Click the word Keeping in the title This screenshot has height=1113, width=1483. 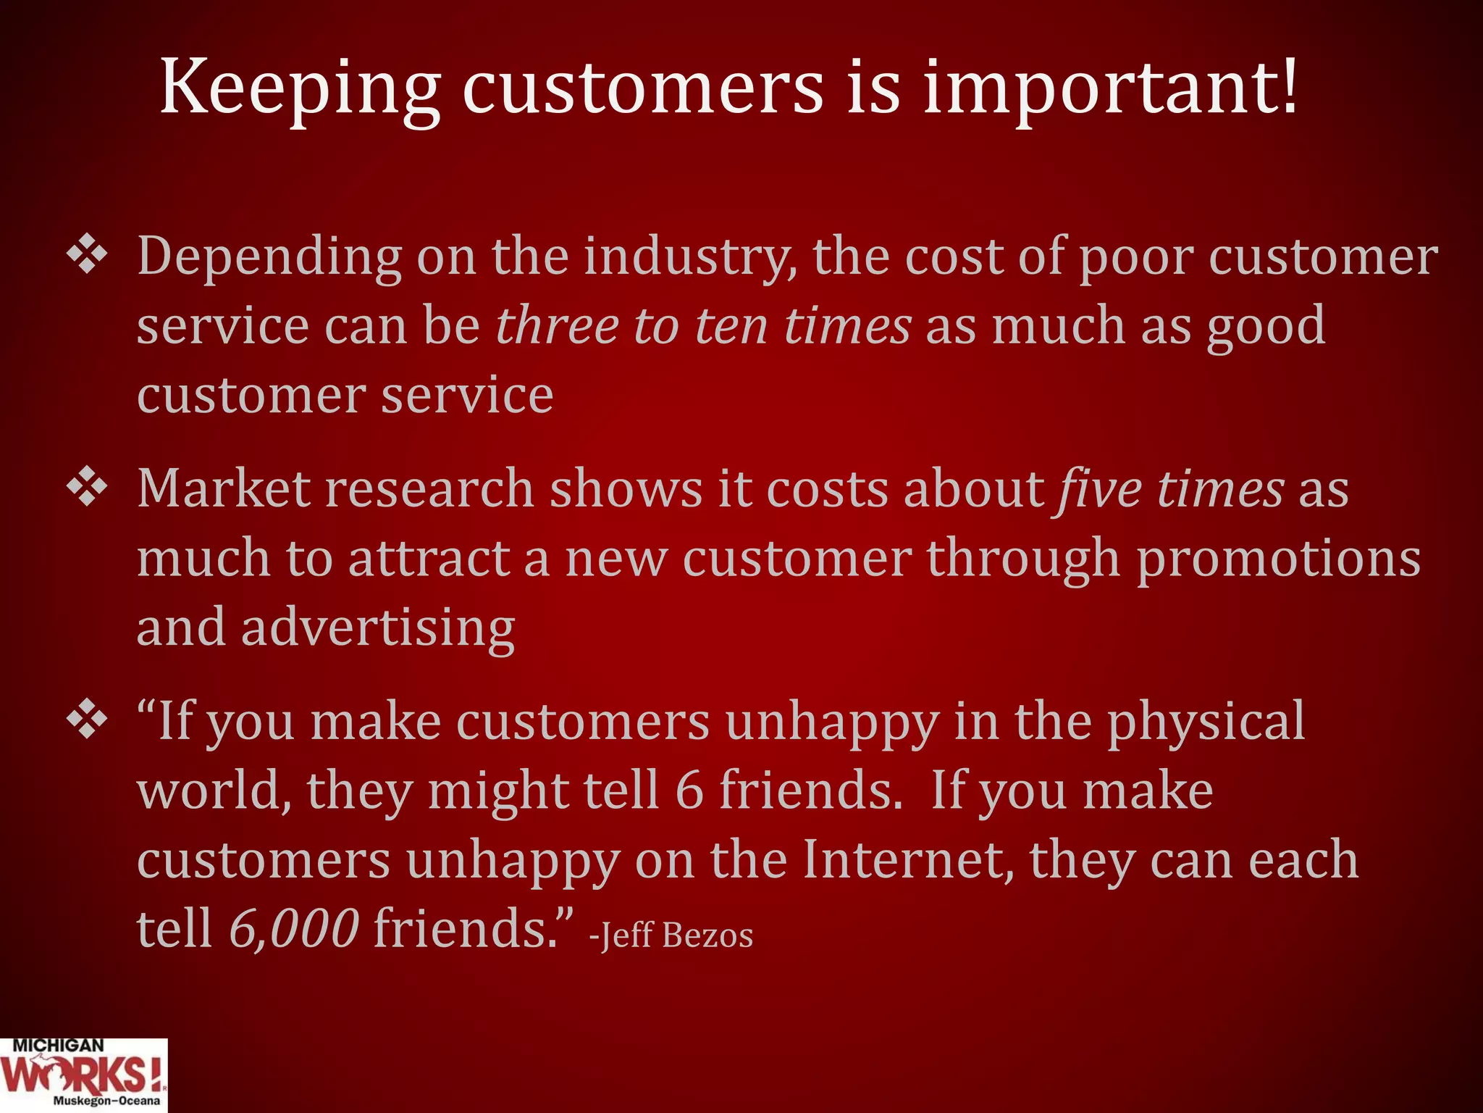click(299, 88)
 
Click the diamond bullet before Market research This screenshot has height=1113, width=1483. click(87, 488)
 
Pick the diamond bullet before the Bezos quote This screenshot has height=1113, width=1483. click(87, 720)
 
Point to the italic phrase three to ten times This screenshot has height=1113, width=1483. click(703, 326)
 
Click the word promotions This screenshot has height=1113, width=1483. click(1278, 559)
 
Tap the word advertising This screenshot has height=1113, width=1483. click(377, 628)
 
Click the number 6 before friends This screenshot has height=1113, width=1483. click(689, 790)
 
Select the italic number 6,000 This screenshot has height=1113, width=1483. click(293, 928)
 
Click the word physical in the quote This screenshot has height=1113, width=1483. click(1206, 722)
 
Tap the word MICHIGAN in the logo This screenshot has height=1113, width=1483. click(58, 1046)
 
